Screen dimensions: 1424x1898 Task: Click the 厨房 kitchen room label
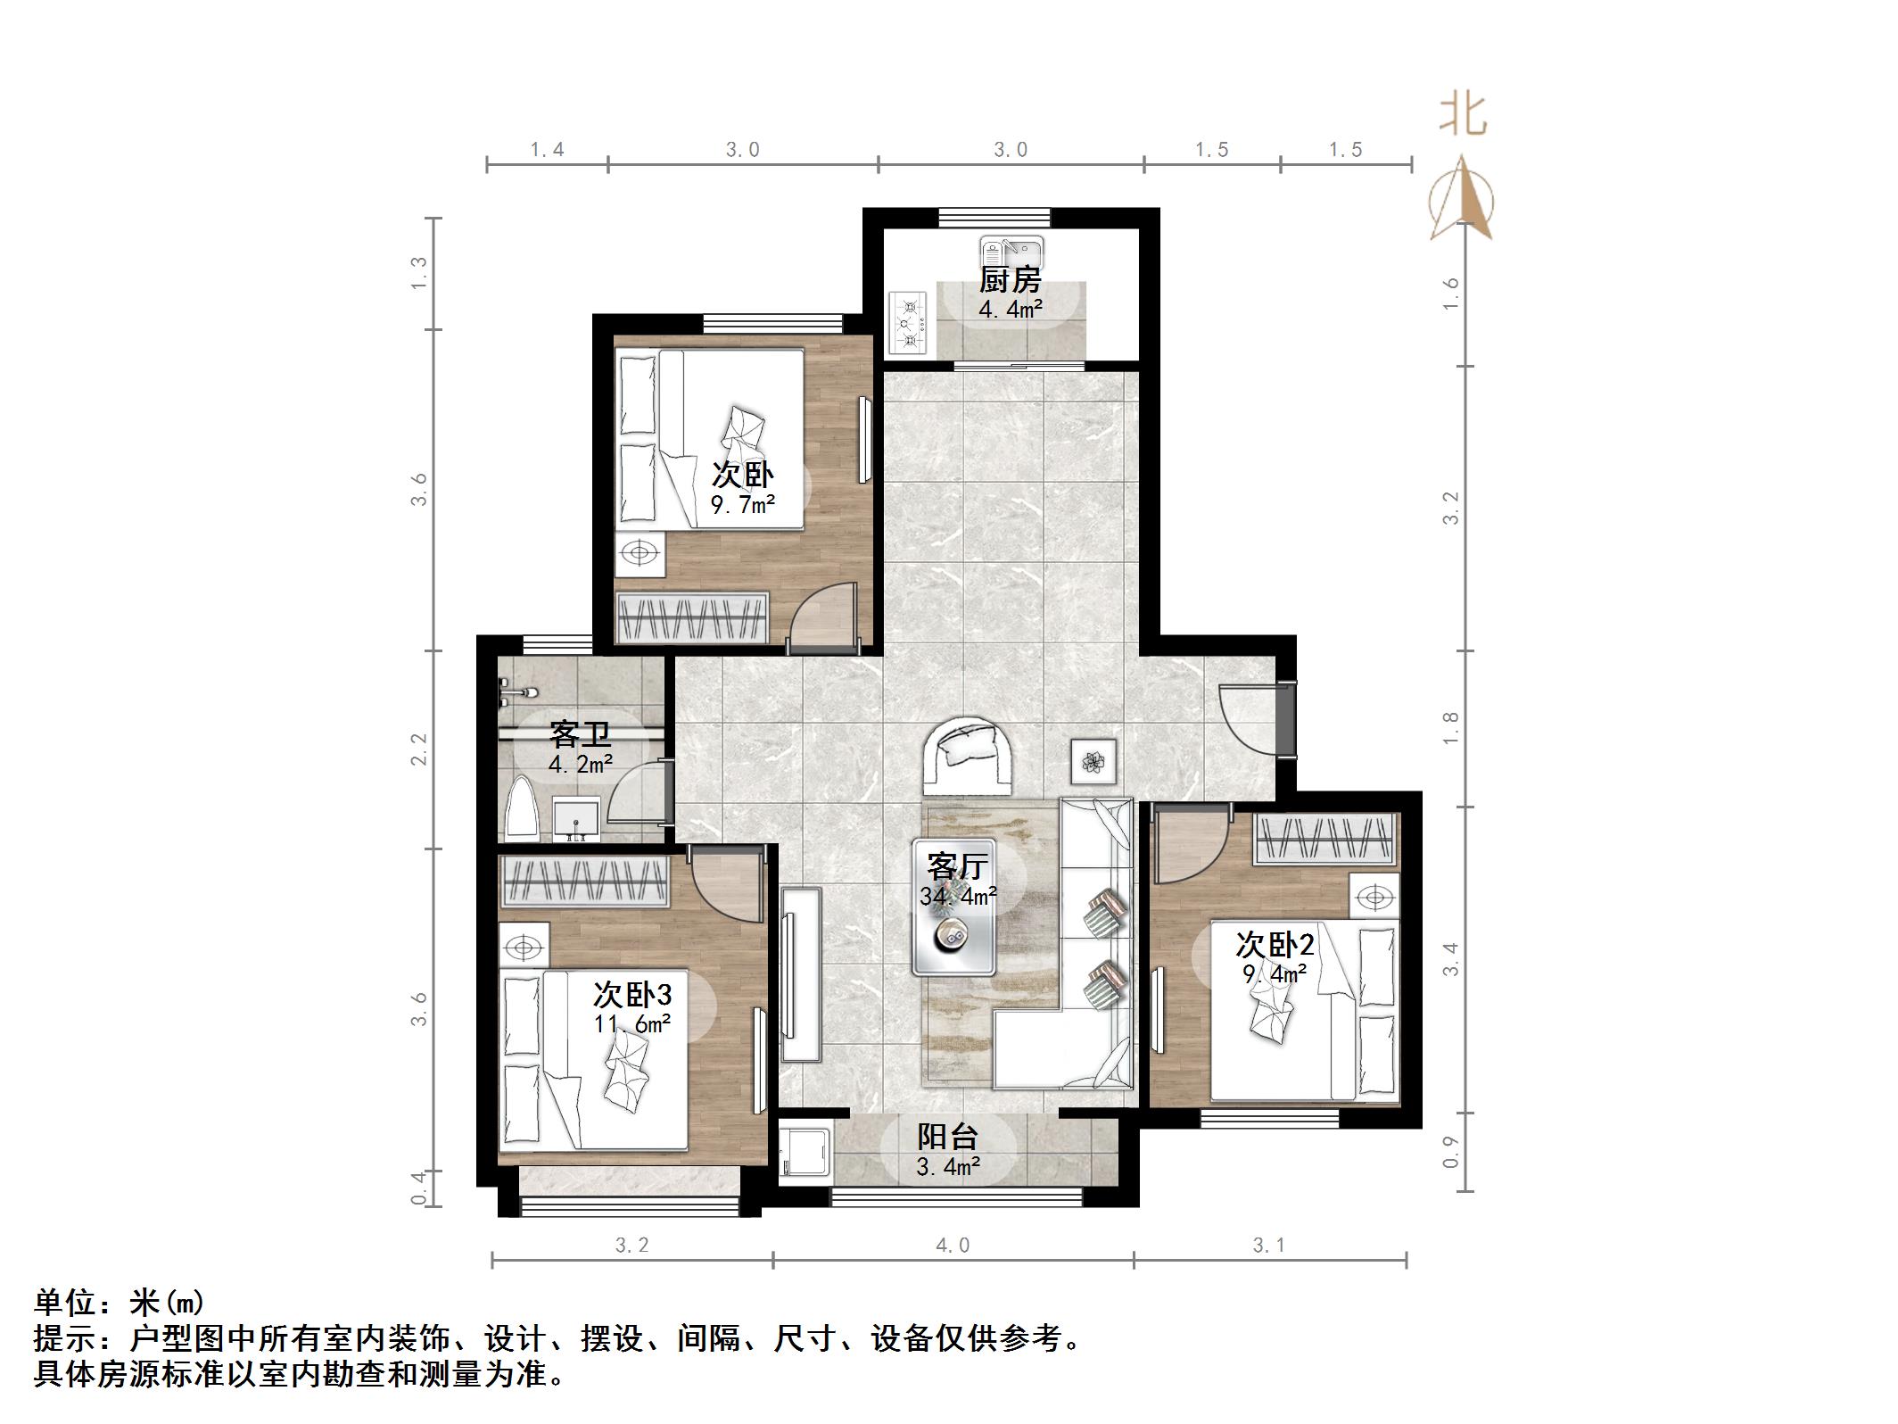pyautogui.click(x=1010, y=280)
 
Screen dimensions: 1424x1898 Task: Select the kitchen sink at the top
pyautogui.click(x=1011, y=249)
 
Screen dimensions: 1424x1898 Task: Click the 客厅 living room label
pyautogui.click(x=957, y=865)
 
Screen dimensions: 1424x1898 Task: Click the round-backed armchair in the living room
pyautogui.click(x=969, y=755)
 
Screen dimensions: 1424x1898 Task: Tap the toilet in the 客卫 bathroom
pyautogui.click(x=521, y=810)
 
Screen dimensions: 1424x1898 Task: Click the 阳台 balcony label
pyautogui.click(x=947, y=1136)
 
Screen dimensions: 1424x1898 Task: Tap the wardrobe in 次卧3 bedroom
pyautogui.click(x=584, y=882)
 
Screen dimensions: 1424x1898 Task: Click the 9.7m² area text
pyautogui.click(x=742, y=505)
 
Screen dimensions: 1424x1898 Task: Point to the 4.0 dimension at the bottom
pyautogui.click(x=952, y=1245)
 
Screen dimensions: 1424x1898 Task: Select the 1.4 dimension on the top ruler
pyautogui.click(x=547, y=150)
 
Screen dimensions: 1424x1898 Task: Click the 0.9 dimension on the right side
pyautogui.click(x=1451, y=1151)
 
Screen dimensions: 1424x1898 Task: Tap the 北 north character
pyautogui.click(x=1463, y=116)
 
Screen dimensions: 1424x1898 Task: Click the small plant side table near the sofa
pyautogui.click(x=1093, y=761)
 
